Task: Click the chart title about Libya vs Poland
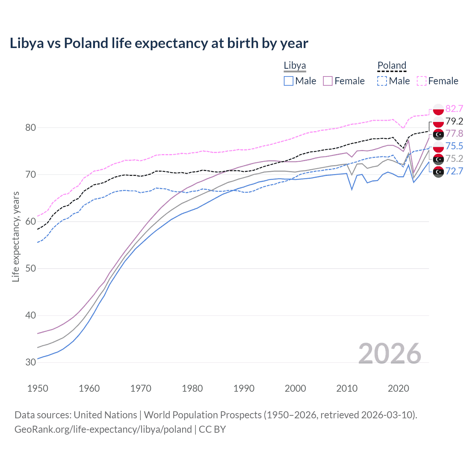[159, 43]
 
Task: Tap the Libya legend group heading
[295, 65]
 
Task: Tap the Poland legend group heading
[392, 65]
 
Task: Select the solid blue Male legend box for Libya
[289, 81]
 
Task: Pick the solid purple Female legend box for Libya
[328, 81]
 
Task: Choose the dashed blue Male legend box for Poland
[382, 81]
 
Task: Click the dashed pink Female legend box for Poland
[422, 81]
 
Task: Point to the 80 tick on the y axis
[31, 127]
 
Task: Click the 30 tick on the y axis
[31, 362]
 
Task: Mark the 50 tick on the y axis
[31, 268]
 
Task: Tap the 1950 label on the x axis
[38, 388]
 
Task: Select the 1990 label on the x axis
[244, 388]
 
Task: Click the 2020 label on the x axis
[398, 388]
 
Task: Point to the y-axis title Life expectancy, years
[16, 236]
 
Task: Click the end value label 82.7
[454, 109]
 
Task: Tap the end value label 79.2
[454, 121]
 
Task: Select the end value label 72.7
[454, 171]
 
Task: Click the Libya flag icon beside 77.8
[438, 134]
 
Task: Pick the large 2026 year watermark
[389, 354]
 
